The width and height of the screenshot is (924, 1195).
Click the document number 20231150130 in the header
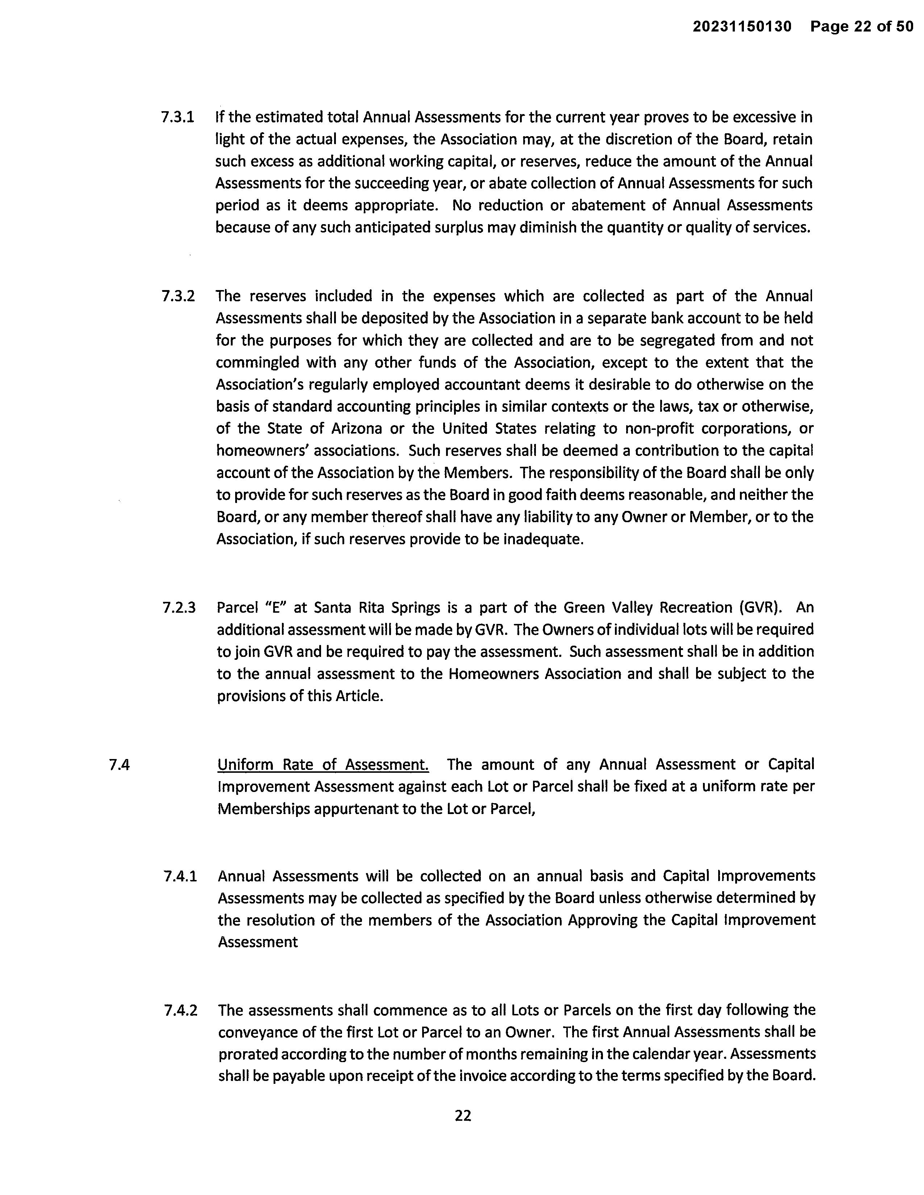coord(742,26)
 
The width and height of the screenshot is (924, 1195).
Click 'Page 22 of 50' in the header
coord(862,26)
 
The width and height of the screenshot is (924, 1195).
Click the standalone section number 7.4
coord(119,765)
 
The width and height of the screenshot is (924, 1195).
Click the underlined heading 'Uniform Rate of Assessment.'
coord(323,764)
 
